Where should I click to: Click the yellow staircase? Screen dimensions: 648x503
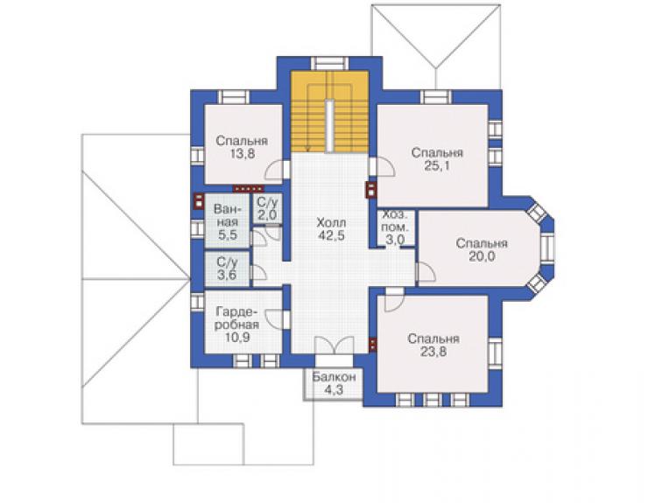pos(329,111)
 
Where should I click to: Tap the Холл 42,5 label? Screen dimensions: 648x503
pos(331,229)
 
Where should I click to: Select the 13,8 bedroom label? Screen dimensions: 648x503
pos(243,154)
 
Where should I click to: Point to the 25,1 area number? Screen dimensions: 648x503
pos(437,166)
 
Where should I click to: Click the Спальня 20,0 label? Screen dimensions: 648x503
pos(482,250)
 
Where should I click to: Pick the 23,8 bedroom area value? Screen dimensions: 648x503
pos(433,352)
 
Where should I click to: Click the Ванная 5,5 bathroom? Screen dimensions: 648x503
pos(228,222)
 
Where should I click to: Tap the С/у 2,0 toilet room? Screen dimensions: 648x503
pos(267,208)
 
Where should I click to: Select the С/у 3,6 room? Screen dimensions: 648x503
pos(228,269)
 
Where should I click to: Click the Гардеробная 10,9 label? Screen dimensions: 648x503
pos(237,325)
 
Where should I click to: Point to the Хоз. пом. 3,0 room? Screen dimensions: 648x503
pos(395,227)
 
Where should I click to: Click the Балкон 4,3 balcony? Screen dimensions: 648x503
pos(334,383)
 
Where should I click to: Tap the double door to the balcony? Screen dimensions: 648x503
pos(334,346)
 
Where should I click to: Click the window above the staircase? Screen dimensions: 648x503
pos(330,63)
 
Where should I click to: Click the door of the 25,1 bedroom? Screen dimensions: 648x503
pos(382,167)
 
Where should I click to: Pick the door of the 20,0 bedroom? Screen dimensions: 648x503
pos(426,272)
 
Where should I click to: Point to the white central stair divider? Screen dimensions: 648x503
pos(329,126)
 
